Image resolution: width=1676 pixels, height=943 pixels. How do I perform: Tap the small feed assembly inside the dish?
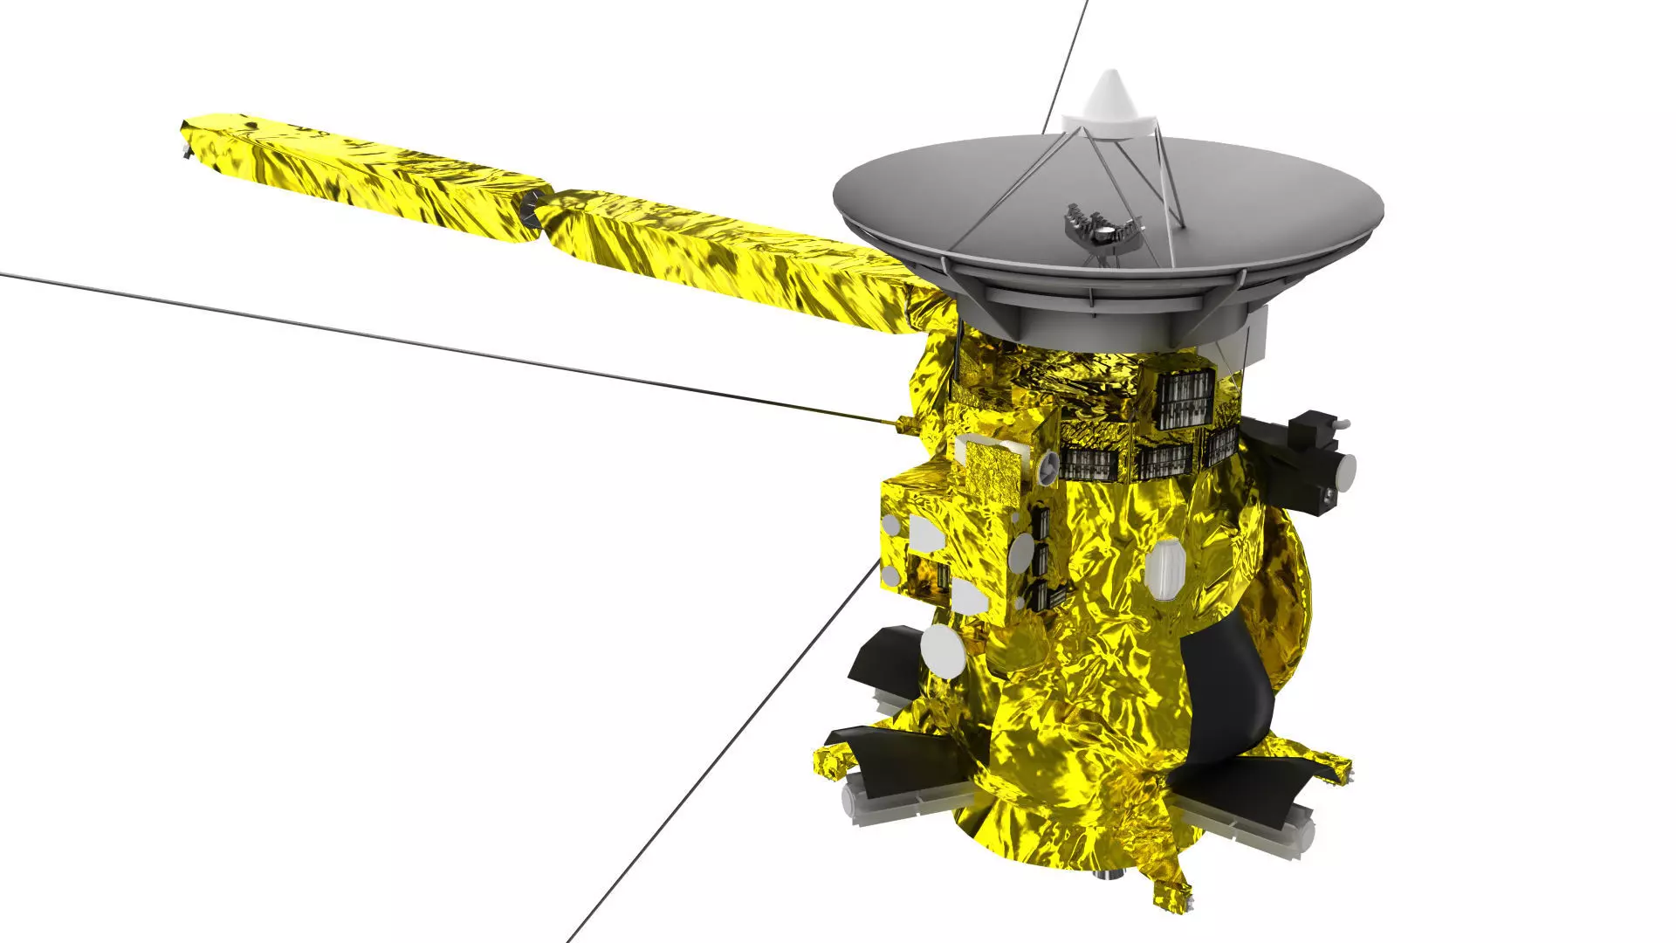[x=1102, y=229]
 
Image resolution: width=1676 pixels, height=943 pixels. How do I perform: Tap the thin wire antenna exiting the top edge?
[x=1063, y=61]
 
